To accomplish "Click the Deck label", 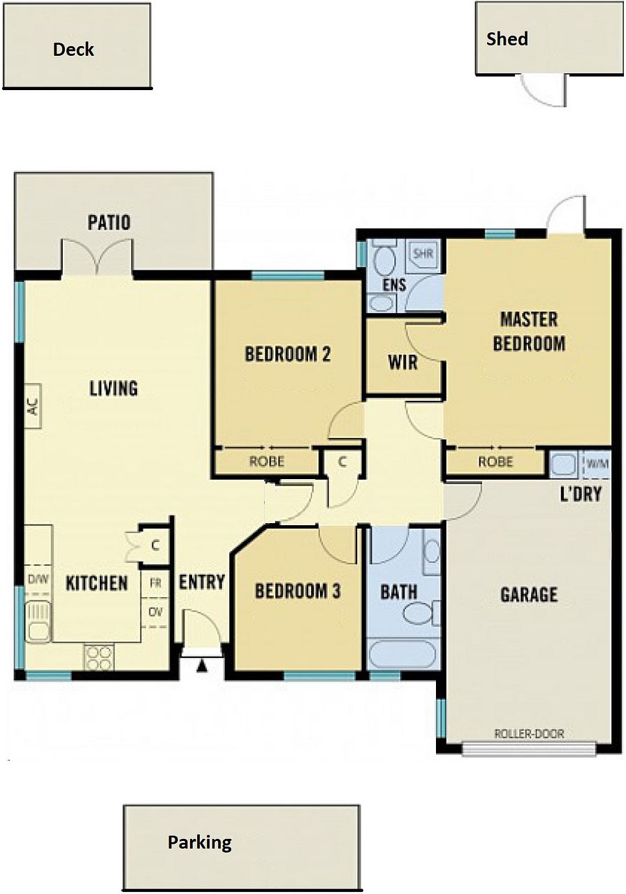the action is (x=73, y=50).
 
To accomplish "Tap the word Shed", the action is (x=507, y=38).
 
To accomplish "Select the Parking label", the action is (x=200, y=843).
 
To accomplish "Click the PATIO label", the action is (x=109, y=223).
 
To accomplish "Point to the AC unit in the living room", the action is (x=33, y=406).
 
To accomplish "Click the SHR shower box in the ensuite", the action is (x=423, y=253).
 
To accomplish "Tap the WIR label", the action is (x=403, y=362).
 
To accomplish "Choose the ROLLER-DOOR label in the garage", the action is (x=529, y=733).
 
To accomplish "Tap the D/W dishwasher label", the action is (x=38, y=579).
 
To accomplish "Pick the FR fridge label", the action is (x=155, y=583).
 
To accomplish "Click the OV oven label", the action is (x=155, y=612).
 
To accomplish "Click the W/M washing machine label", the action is (x=597, y=464).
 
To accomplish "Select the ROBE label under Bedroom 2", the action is (x=267, y=462).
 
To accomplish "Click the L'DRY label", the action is (x=581, y=494).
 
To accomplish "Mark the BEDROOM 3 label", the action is (x=298, y=592).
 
